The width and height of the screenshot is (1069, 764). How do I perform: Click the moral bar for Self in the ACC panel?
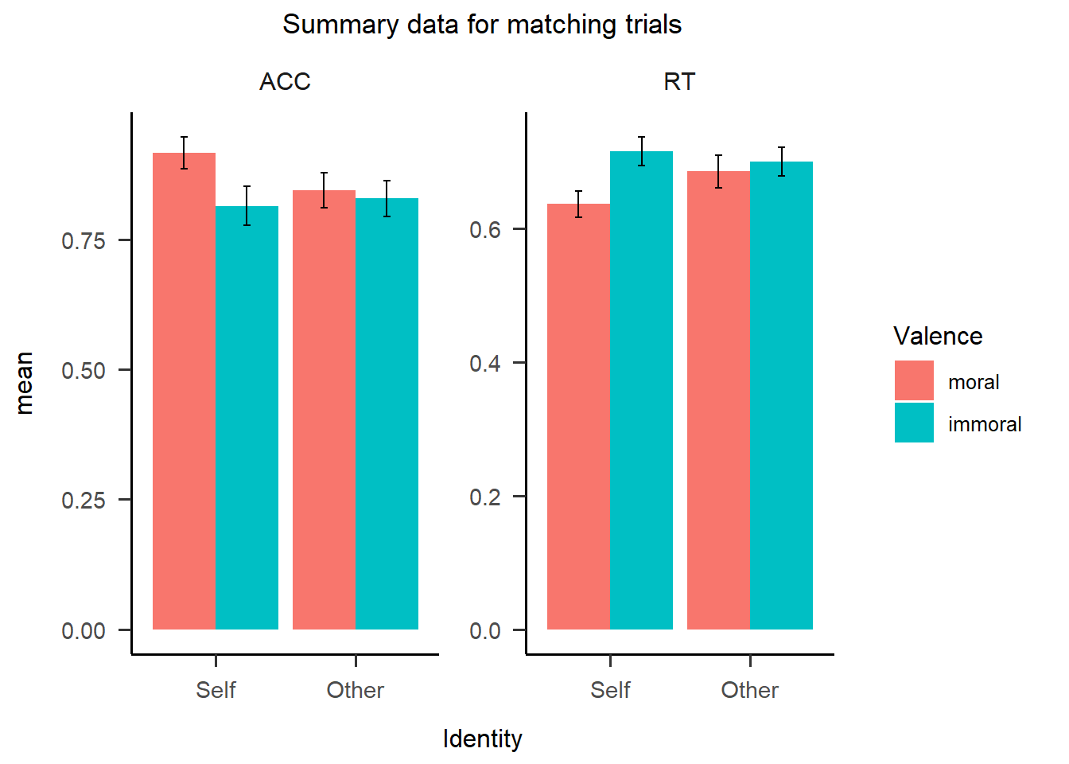184,390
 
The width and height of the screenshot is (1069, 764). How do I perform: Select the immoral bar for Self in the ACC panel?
247,418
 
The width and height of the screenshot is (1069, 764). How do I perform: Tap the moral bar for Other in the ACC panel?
324,410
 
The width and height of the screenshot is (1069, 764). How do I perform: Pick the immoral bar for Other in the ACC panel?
387,414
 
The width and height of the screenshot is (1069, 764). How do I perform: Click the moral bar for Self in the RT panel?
578,416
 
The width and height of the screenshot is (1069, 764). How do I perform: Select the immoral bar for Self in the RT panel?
641,390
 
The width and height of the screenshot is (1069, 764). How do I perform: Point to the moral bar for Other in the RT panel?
718,400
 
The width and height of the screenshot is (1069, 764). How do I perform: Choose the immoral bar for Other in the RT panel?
781,396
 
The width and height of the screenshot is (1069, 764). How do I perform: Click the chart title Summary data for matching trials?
482,25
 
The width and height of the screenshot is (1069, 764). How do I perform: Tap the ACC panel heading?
285,82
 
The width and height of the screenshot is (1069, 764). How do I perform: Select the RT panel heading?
679,82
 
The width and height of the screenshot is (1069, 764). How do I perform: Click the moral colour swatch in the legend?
914,380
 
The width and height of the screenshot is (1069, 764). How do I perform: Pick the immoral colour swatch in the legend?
914,423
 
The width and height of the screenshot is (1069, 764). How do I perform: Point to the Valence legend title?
938,336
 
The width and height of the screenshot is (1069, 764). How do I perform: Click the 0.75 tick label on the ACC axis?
84,240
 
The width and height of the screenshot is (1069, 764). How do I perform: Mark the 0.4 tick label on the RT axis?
485,363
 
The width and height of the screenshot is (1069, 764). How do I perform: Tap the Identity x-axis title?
482,739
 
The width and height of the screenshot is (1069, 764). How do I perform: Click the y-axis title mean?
25,383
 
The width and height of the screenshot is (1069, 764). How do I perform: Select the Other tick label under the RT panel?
749,690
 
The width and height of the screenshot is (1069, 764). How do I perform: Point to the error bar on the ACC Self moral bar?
184,151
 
